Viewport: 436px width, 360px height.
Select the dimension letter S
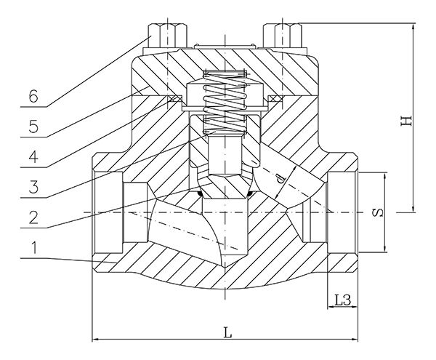[x=377, y=213]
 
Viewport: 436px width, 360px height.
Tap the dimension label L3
[x=342, y=300]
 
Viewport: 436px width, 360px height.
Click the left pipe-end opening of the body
[x=109, y=212]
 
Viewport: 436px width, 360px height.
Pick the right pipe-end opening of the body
[x=343, y=212]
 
